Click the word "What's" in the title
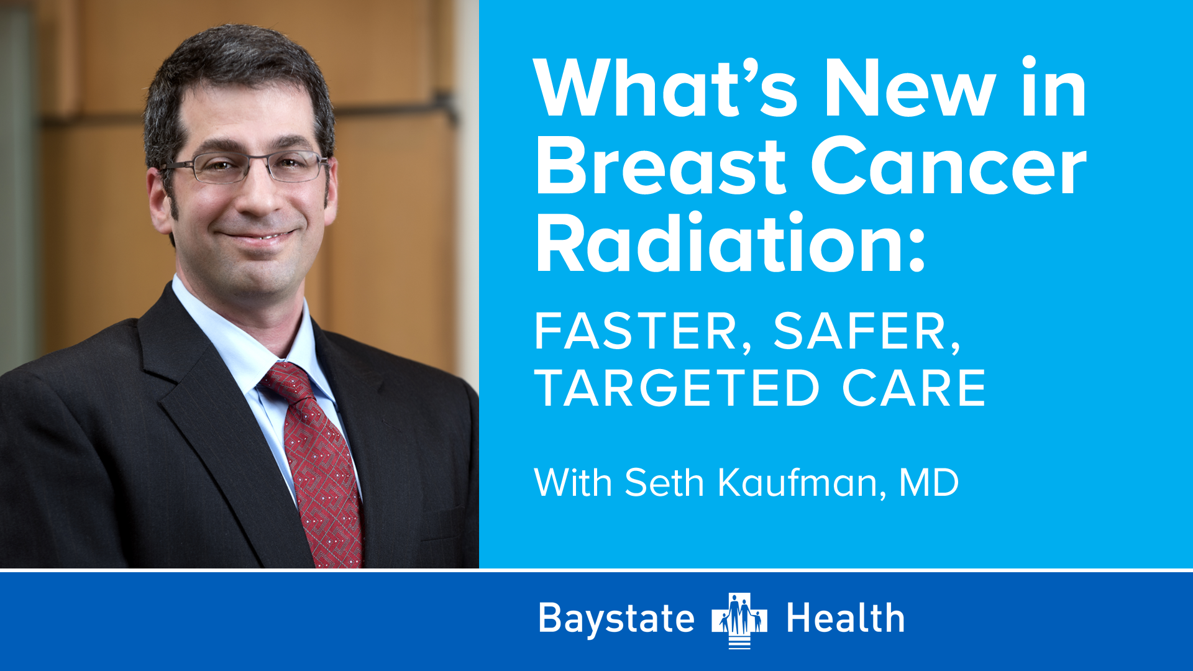click(x=665, y=88)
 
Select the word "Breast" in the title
click(x=661, y=166)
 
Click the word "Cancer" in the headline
click(x=949, y=166)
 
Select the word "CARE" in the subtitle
click(x=914, y=388)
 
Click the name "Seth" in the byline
click(x=664, y=482)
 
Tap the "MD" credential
click(x=929, y=482)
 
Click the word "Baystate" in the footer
click(x=616, y=619)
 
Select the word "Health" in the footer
click(x=846, y=618)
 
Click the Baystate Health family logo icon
click(x=739, y=620)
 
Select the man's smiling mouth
click(x=258, y=235)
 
